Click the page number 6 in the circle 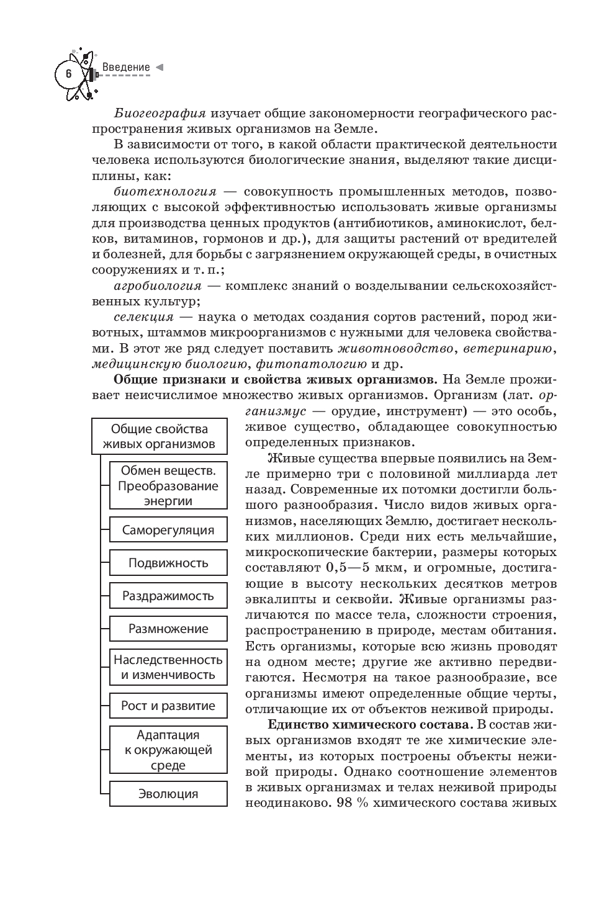[x=68, y=73]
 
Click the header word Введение [x=126, y=67]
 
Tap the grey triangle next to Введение [x=159, y=66]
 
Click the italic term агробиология [x=158, y=286]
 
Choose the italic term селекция [x=144, y=317]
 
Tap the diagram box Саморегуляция [x=168, y=531]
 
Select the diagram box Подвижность [x=168, y=563]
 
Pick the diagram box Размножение [x=168, y=629]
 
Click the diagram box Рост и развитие [x=168, y=706]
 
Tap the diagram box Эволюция [x=168, y=794]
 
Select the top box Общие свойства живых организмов [x=159, y=436]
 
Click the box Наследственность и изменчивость [x=168, y=667]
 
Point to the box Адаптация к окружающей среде [x=168, y=750]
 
